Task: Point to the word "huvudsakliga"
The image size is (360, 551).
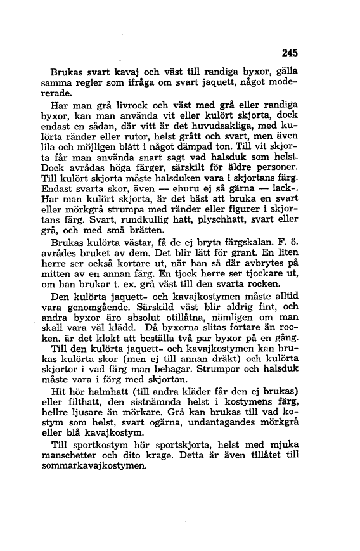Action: coord(247,126)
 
